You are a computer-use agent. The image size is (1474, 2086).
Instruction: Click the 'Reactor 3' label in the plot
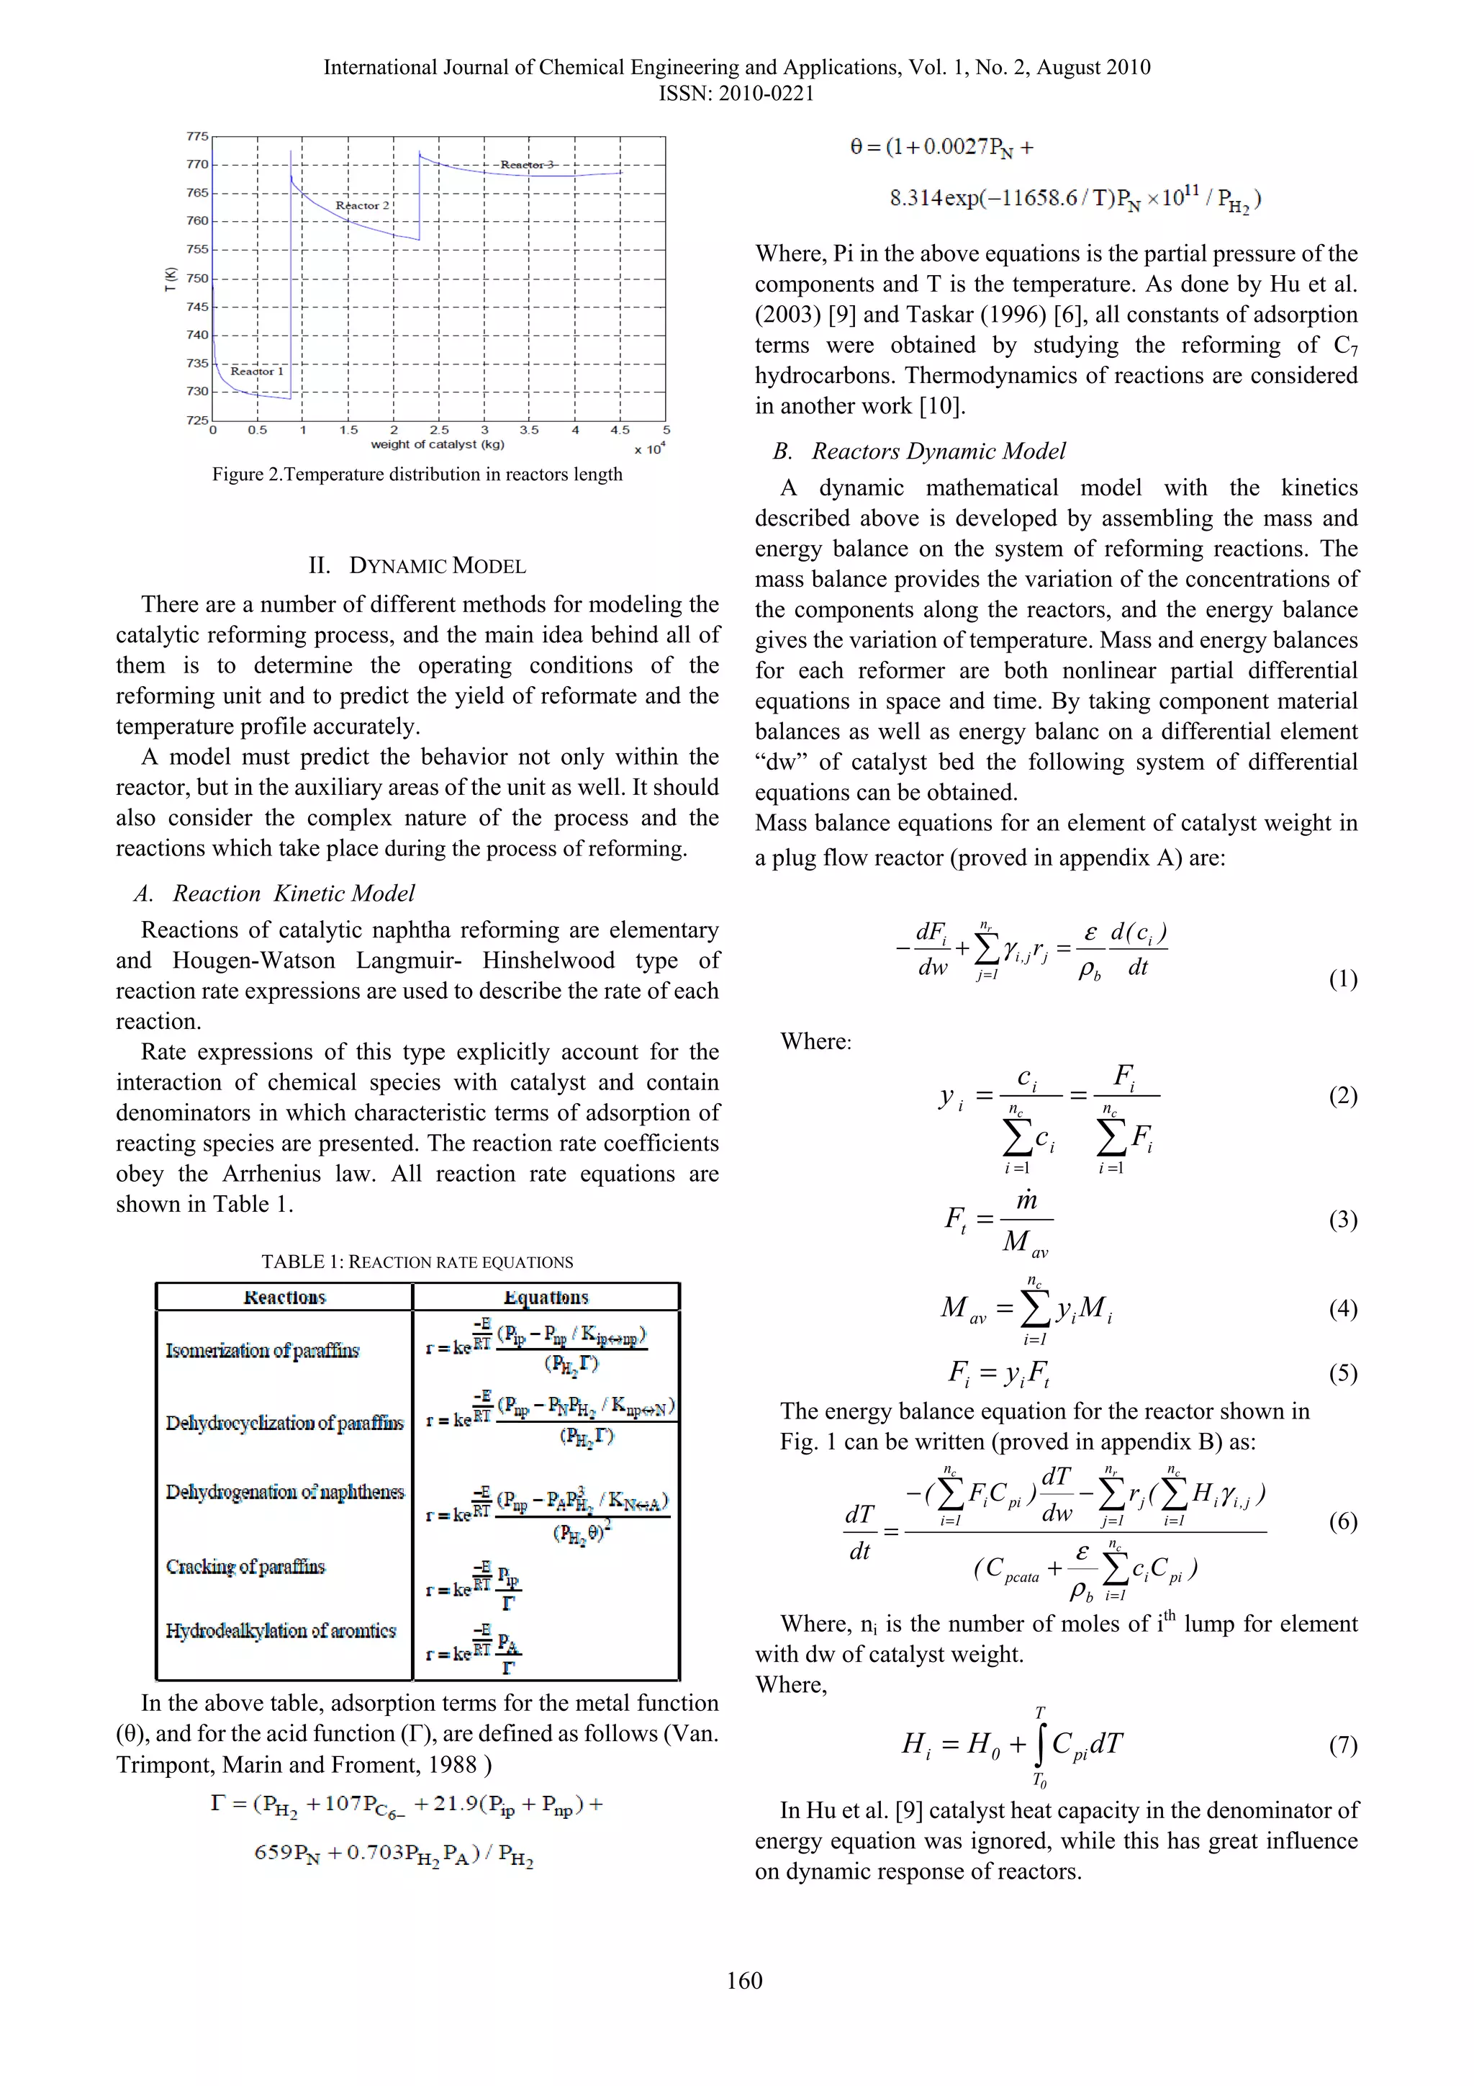point(527,164)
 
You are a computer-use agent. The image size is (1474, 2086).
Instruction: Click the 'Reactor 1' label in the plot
point(257,371)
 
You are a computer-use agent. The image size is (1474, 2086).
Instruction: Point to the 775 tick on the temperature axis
point(197,136)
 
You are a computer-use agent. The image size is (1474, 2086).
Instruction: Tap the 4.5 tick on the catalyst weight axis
point(620,430)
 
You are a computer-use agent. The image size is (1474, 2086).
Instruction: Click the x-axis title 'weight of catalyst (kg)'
point(437,444)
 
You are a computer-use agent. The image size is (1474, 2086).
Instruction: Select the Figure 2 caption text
point(417,475)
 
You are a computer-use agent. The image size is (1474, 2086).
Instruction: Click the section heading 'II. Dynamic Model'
point(417,565)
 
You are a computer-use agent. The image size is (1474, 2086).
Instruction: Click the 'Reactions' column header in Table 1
point(284,1298)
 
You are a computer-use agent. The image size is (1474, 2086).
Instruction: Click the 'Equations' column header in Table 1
point(546,1298)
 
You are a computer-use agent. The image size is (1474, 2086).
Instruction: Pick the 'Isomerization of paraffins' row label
point(261,1350)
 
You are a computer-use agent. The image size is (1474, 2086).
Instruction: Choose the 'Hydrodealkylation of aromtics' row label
point(281,1631)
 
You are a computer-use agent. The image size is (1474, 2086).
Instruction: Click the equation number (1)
point(1342,979)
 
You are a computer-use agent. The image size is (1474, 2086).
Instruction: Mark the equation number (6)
point(1342,1521)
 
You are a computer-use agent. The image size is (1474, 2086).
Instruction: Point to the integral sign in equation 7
point(1040,1745)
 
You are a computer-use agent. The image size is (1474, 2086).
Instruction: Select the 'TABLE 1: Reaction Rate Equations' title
point(417,1262)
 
